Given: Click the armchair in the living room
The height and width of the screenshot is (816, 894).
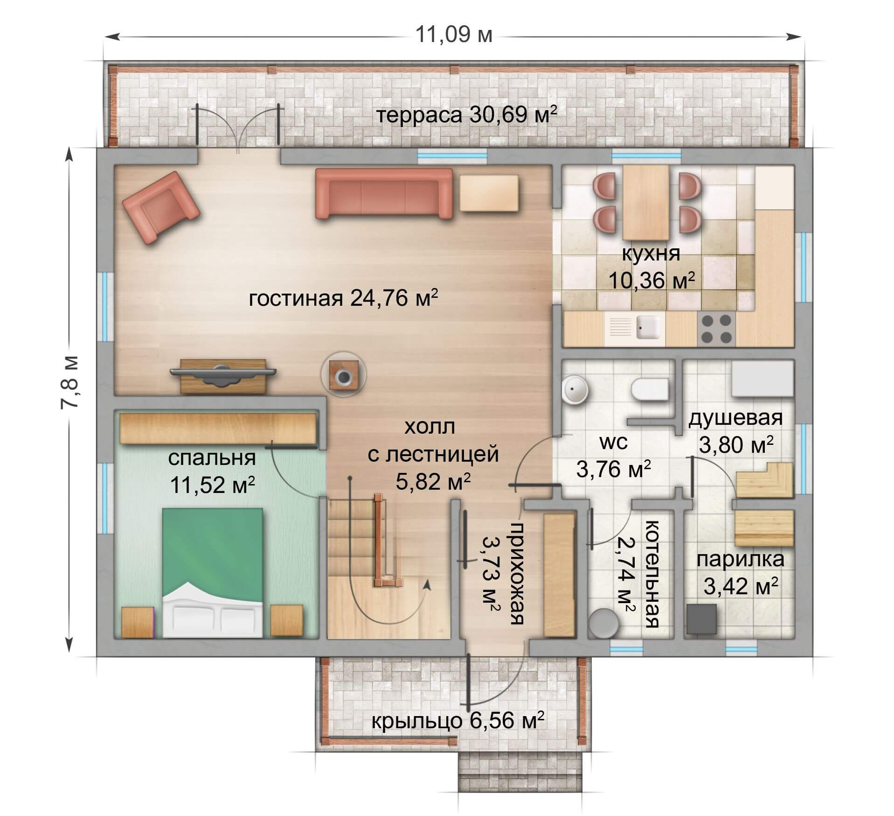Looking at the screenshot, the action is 160,207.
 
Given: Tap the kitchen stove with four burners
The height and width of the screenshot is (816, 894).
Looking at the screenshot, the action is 716,329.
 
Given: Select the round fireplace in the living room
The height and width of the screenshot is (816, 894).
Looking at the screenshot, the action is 344,374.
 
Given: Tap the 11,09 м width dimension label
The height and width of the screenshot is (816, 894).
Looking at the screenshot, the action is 453,35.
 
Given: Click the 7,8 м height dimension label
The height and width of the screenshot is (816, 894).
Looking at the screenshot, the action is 70,382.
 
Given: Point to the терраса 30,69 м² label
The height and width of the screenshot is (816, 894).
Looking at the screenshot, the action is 466,115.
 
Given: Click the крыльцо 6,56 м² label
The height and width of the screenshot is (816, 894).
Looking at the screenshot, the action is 457,721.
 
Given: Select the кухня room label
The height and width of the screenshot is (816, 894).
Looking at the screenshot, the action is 651,254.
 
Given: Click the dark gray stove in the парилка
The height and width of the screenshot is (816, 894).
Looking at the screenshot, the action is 701,619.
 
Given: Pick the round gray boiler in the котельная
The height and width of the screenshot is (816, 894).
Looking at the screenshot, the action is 604,623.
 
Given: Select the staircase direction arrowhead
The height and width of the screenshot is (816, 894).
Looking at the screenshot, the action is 425,585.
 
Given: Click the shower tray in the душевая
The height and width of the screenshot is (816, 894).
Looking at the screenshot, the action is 762,377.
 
